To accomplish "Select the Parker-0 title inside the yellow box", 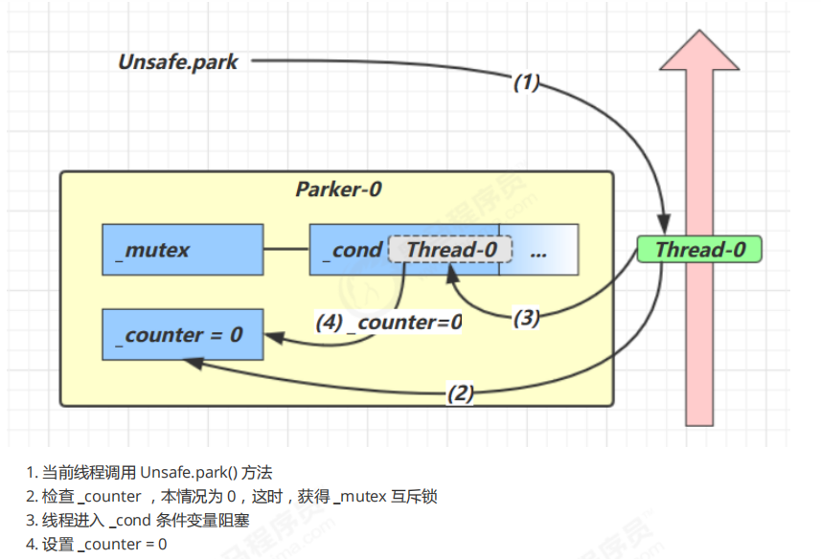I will [338, 190].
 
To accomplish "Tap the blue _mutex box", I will [182, 250].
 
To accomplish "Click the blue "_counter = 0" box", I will [182, 335].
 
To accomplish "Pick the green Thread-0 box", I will [699, 250].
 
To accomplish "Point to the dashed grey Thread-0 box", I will [450, 250].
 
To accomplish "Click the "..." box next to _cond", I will [538, 250].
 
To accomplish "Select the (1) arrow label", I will [526, 82].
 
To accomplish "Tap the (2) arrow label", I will [461, 391].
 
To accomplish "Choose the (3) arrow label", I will [526, 318].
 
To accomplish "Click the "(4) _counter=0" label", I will [389, 323].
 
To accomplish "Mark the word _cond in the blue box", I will [356, 250].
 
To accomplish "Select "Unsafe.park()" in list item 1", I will [189, 472].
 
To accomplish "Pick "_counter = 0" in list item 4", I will [122, 545].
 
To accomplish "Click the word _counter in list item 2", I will [107, 497].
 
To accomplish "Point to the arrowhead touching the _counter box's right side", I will [271, 337].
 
